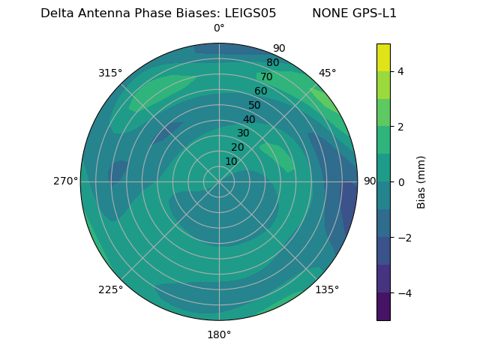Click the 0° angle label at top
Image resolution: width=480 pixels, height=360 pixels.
[x=219, y=28]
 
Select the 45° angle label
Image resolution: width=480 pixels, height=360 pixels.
[x=328, y=73]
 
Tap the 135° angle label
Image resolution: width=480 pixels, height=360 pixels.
[x=327, y=289]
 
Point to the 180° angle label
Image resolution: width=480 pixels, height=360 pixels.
[x=219, y=334]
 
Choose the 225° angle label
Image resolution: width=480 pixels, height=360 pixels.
[x=110, y=290]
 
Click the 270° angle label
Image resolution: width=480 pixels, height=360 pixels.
[x=65, y=181]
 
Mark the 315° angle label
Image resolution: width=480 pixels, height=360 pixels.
[x=110, y=73]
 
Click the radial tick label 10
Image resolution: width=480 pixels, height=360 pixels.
[x=231, y=161]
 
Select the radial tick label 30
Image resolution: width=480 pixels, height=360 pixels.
[x=243, y=133]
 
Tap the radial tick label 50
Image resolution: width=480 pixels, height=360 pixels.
[x=254, y=105]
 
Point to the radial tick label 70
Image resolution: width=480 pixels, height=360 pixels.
[x=266, y=76]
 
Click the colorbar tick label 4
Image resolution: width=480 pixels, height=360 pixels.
[x=400, y=71]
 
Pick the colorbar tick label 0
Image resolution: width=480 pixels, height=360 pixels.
[x=400, y=182]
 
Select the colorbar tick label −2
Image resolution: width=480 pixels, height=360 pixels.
[x=403, y=238]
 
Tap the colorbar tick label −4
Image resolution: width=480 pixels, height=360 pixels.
[x=403, y=293]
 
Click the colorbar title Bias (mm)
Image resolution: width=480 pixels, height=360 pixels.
[x=421, y=181]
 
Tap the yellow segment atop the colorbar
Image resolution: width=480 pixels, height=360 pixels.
[x=383, y=57]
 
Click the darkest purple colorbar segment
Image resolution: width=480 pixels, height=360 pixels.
[x=383, y=307]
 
